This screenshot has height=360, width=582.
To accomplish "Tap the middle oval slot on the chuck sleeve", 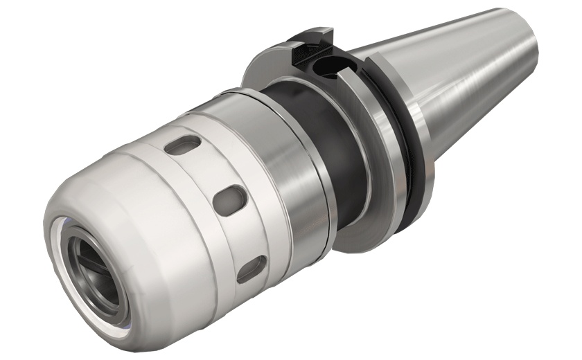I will (229, 200).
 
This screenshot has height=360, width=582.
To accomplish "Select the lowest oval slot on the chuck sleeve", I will (251, 269).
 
